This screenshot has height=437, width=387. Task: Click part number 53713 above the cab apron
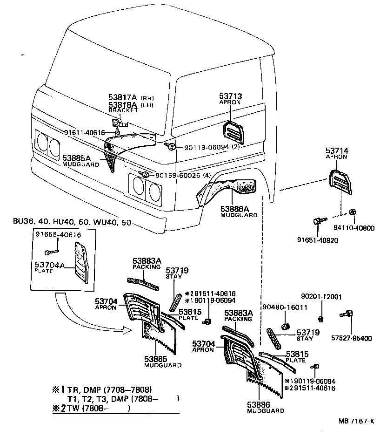coord(231,96)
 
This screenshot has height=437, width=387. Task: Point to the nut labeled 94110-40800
coord(352,212)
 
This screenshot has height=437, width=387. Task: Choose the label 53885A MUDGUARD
coord(81,161)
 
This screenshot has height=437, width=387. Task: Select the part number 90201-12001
coord(321,296)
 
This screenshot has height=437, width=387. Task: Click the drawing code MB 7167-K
coord(356,421)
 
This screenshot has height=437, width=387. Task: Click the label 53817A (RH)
coord(131,97)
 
